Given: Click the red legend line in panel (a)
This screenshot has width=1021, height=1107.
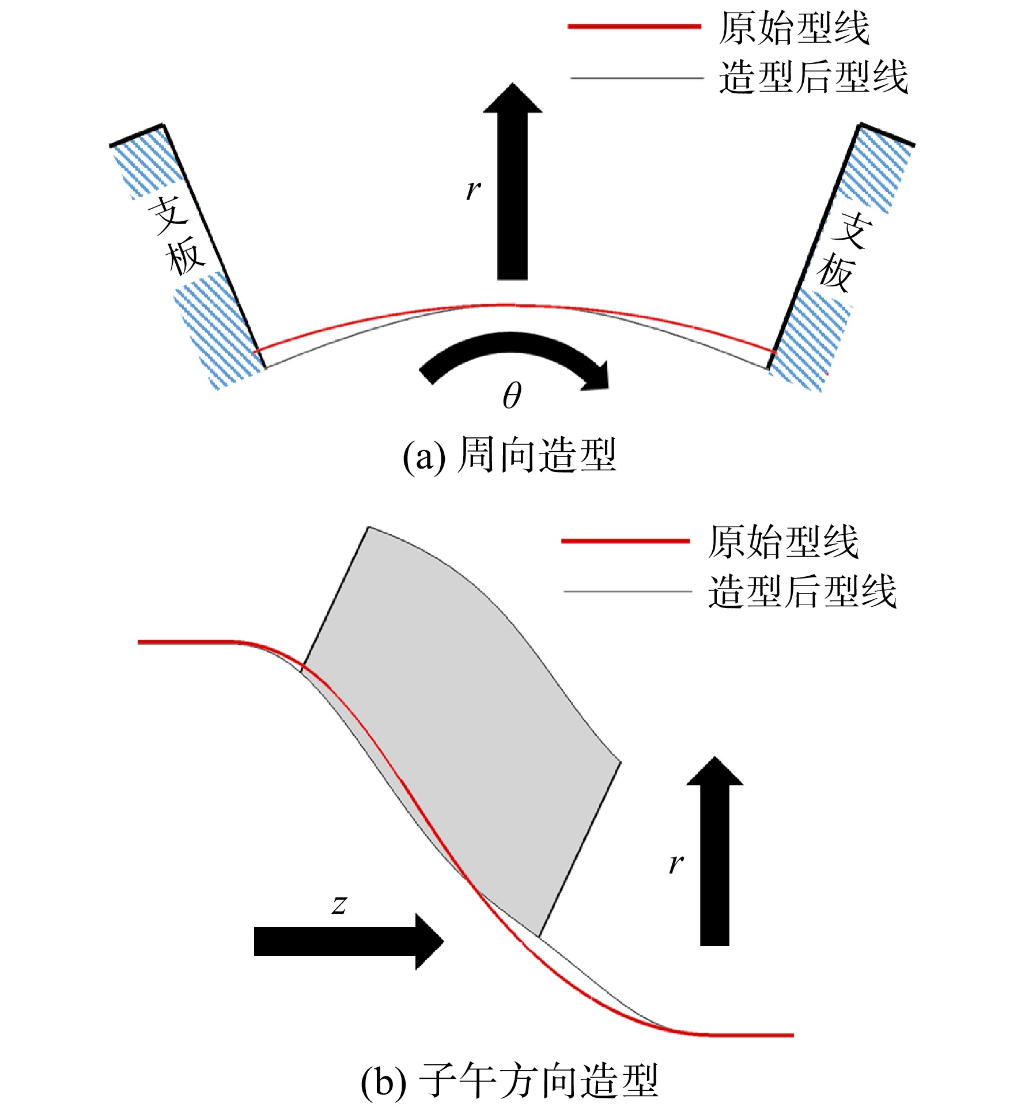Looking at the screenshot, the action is click(634, 27).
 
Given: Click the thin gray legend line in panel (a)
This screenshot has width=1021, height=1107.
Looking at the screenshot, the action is click(637, 78).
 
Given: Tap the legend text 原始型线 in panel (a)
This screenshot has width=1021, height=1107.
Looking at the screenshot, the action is click(793, 28).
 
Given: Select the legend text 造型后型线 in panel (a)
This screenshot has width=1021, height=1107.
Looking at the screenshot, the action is click(813, 77).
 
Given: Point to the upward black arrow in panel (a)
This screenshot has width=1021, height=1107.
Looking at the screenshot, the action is click(512, 182).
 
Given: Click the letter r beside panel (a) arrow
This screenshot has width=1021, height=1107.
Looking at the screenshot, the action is click(472, 189).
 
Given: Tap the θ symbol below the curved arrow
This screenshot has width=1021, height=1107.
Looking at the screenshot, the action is click(512, 396).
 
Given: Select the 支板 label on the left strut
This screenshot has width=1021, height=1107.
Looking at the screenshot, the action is click(177, 236).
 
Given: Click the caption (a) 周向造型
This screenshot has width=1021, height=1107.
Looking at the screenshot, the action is click(509, 455).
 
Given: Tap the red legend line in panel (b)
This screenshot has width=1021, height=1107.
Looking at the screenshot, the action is click(626, 541).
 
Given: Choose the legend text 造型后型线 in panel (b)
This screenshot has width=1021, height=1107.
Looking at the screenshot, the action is click(802, 591).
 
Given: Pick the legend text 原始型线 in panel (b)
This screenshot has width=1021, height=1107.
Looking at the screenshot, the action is click(783, 542).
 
